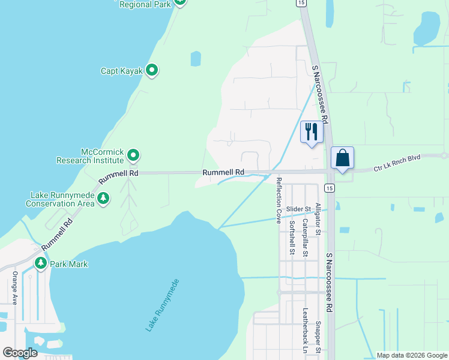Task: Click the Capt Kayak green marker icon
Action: pos(152,71)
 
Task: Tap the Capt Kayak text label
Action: pos(122,71)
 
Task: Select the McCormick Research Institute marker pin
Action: pos(134,156)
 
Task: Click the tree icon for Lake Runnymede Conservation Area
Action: pos(103,198)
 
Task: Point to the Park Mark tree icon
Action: pos(41,263)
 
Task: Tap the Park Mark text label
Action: pos(69,264)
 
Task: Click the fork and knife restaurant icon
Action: pos(312,132)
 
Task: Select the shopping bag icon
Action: pos(342,158)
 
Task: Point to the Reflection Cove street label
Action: pos(279,200)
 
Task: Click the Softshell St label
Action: pos(292,237)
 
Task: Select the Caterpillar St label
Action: pos(305,237)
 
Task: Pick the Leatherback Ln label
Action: pos(305,330)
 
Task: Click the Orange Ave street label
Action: pos(15,288)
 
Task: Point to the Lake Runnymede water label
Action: pos(162,305)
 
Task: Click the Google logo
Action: pos(20,353)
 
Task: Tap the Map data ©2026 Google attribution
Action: pos(412,355)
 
